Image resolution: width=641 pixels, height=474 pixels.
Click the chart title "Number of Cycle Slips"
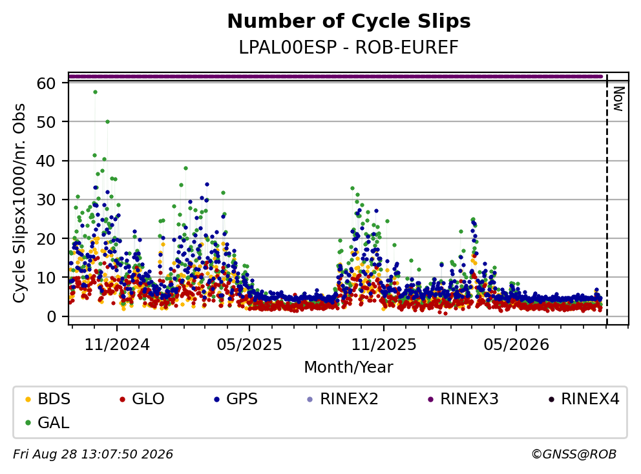point(349,21)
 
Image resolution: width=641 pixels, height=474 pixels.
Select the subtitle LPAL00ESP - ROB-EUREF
point(349,48)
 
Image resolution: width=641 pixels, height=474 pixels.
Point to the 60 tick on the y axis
point(46,83)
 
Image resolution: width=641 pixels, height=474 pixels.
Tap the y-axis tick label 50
point(46,122)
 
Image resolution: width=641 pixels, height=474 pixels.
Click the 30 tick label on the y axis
point(46,200)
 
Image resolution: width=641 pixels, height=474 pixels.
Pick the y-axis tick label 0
point(51,316)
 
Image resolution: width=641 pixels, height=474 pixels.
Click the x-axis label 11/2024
point(117,345)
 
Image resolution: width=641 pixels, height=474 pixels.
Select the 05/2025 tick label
point(249,345)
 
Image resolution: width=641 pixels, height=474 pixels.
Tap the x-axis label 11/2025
point(383,345)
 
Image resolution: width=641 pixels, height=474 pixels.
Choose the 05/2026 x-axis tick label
point(516,345)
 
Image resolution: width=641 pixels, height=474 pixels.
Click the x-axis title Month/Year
point(349,367)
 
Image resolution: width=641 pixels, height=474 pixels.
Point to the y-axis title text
point(19,203)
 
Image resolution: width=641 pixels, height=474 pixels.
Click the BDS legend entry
point(48,399)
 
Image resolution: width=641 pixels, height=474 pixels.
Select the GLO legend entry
point(142,399)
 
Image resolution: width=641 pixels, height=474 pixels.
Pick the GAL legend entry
point(47,423)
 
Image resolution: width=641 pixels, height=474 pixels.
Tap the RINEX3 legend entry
point(463,399)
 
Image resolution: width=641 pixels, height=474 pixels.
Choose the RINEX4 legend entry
point(583,399)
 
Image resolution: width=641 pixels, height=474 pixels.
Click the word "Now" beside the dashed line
point(618,99)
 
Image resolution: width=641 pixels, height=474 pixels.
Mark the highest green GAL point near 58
point(95,92)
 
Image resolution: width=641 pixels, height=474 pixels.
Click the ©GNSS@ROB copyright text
point(574,455)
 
